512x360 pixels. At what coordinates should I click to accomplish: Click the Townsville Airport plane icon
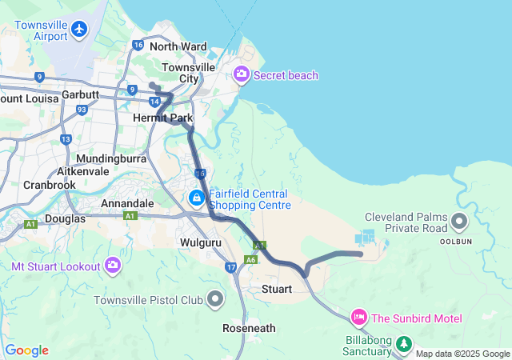tap(78, 30)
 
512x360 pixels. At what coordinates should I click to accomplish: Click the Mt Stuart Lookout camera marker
tap(113, 265)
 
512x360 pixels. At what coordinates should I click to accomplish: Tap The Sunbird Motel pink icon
tap(359, 318)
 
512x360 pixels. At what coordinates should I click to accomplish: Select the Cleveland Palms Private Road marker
tap(459, 221)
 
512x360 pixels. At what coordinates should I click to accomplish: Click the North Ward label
tap(178, 47)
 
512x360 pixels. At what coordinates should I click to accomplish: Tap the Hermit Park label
tap(162, 118)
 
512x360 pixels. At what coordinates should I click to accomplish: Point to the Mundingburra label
tap(113, 158)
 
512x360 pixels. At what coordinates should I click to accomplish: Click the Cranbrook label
tap(49, 185)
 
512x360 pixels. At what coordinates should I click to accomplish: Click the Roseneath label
tap(249, 328)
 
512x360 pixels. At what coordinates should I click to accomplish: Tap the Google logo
tap(27, 350)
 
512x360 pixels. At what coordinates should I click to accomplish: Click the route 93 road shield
tap(82, 110)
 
